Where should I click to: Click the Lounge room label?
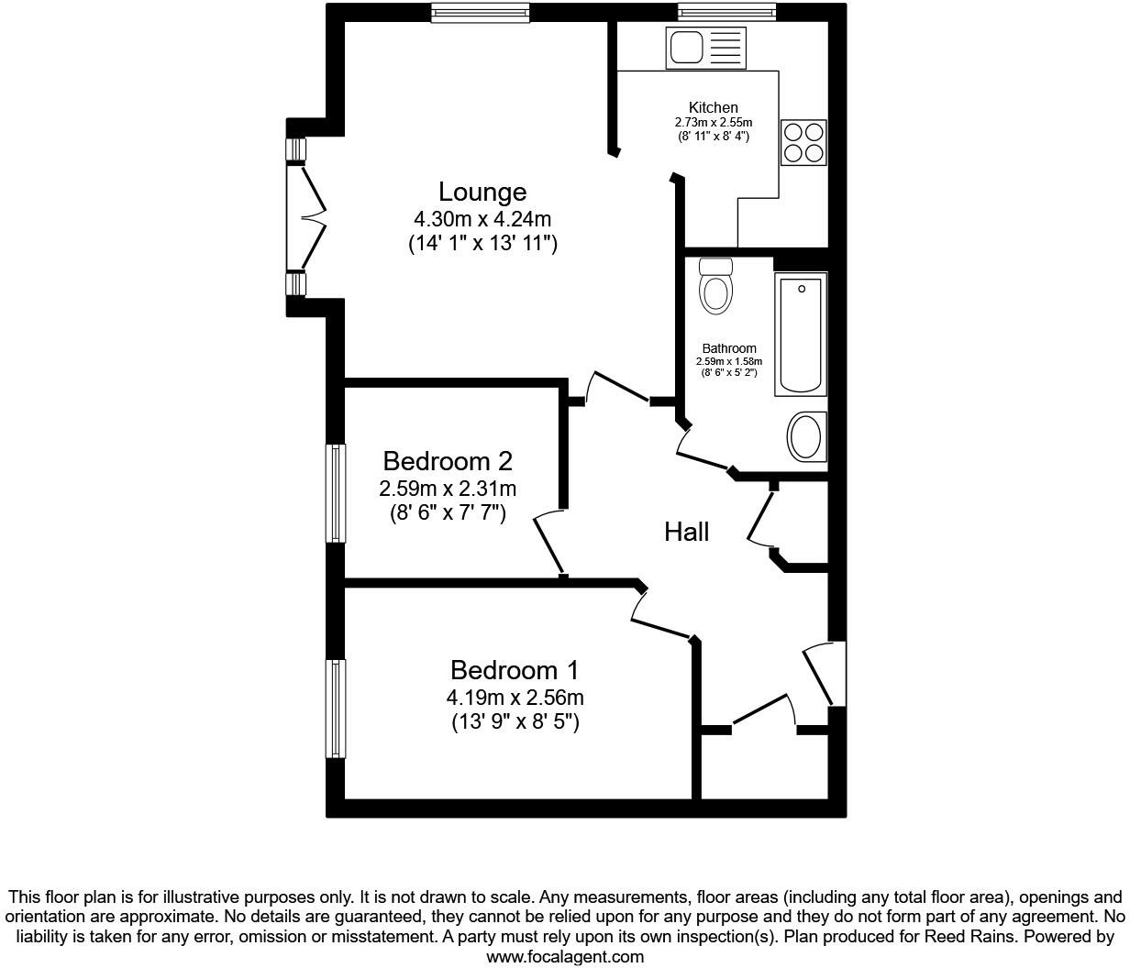coord(482,192)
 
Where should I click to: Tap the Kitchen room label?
coord(713,108)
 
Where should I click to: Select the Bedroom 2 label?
coord(448,460)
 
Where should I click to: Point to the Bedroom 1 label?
coord(515,670)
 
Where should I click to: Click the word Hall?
coord(686,532)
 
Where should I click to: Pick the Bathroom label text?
coord(729,348)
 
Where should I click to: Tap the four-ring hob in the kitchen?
coord(803,143)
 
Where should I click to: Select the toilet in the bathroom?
coord(715,286)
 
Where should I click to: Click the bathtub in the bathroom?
coord(801,335)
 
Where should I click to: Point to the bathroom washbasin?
coord(807,437)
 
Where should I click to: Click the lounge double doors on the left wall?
coord(307,218)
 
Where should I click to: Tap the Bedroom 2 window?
coord(337,493)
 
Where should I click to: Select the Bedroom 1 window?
coord(337,709)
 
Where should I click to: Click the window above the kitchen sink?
coord(727,12)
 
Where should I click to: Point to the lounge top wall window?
coord(481,12)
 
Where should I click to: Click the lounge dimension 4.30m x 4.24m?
coord(482,220)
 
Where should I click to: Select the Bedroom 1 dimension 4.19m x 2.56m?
coord(515,698)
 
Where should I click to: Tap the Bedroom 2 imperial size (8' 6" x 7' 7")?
coord(448,512)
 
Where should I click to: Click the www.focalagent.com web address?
coord(565,957)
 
